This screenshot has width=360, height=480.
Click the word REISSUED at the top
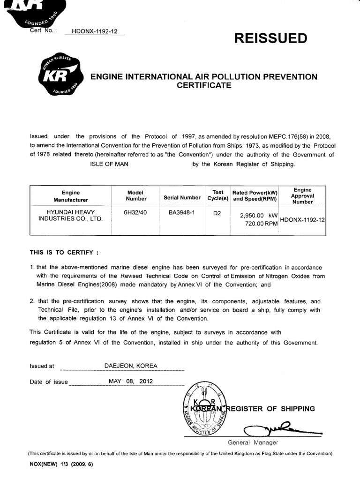(x=273, y=38)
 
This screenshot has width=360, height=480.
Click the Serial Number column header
(x=182, y=198)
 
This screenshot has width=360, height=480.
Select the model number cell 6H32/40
(x=134, y=212)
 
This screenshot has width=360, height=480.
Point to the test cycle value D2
(x=217, y=212)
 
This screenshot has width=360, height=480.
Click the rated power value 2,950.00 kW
(x=256, y=215)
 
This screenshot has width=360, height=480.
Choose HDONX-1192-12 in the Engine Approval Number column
(x=302, y=219)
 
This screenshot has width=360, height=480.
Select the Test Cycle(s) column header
(x=217, y=195)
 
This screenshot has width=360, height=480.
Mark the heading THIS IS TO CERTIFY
(x=64, y=252)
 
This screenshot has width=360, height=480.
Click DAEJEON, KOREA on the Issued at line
(x=131, y=366)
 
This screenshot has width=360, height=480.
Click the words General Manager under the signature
(x=253, y=442)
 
